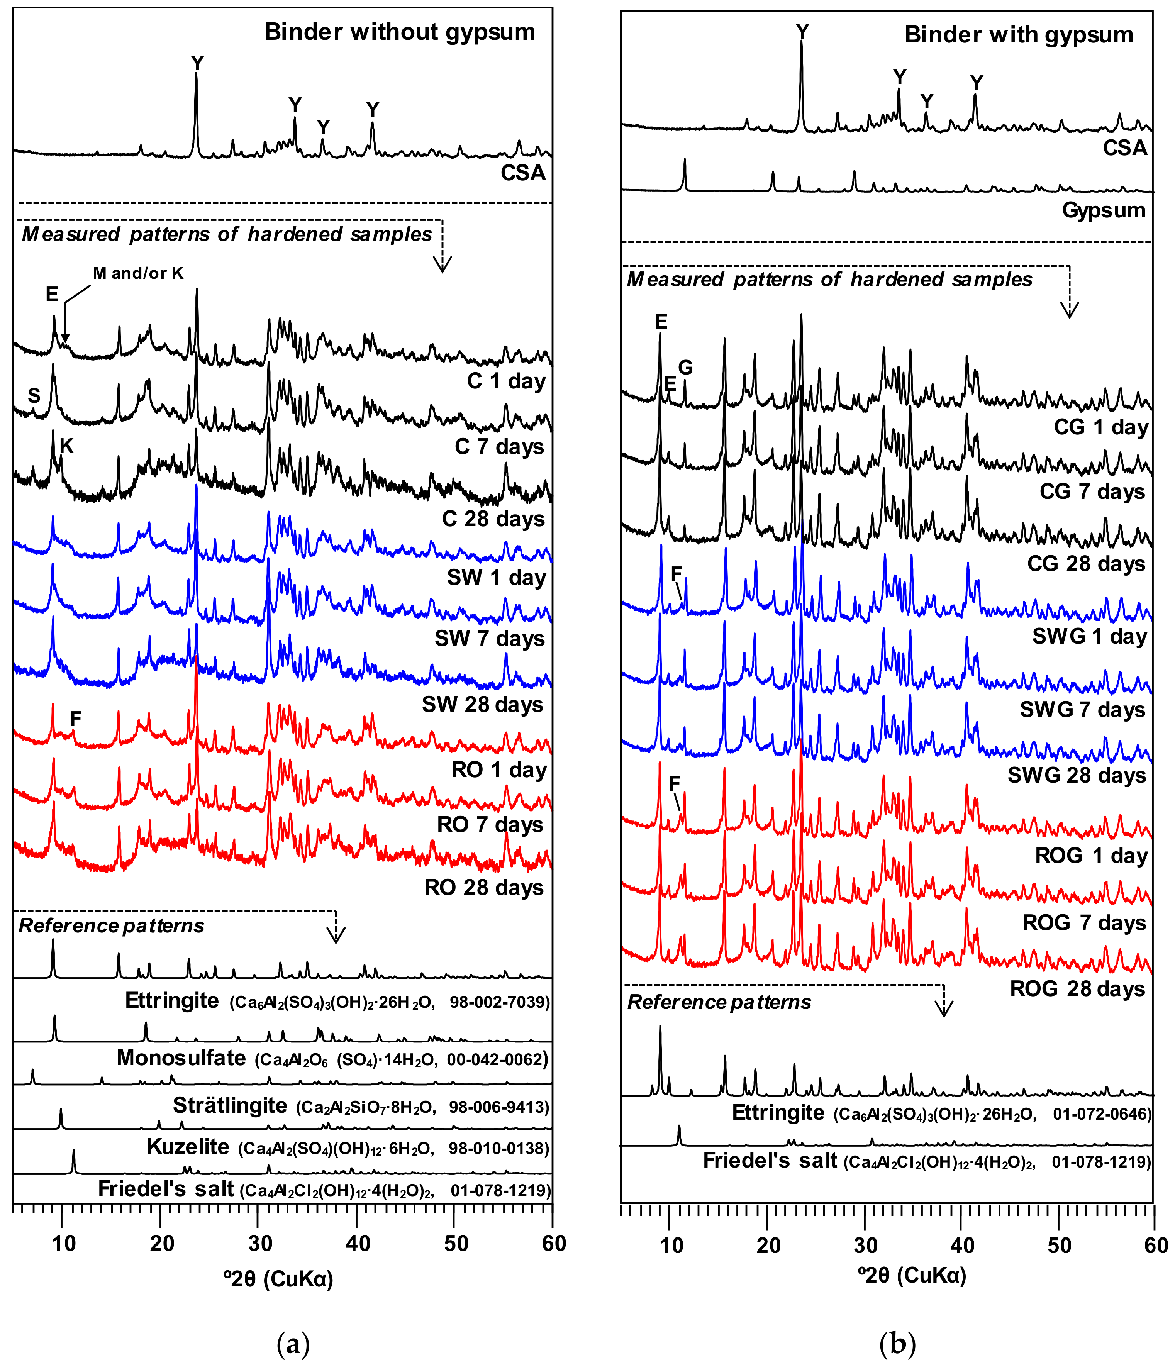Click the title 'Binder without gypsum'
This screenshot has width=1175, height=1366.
[400, 32]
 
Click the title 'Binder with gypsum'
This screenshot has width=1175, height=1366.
[1018, 34]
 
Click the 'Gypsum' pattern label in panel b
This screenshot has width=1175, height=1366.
[1103, 210]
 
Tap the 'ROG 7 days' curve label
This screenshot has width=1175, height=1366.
[1083, 923]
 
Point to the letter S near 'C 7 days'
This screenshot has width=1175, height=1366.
[34, 396]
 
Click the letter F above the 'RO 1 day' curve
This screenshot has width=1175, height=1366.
[76, 719]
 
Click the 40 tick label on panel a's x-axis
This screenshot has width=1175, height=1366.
[358, 1244]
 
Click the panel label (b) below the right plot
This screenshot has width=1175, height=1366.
[897, 1343]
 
